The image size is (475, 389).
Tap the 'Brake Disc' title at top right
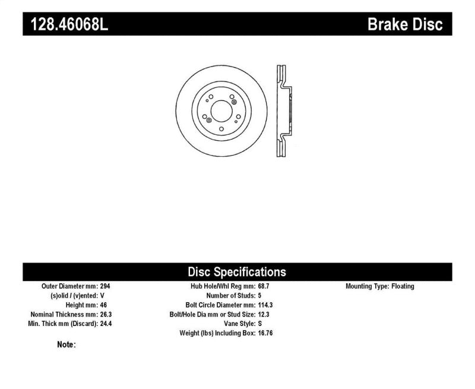[x=405, y=24]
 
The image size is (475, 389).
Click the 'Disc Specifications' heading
[x=237, y=272]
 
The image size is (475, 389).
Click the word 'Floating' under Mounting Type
[x=403, y=286]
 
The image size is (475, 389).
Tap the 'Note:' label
[x=66, y=344]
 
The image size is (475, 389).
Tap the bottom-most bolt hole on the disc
[x=221, y=128]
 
